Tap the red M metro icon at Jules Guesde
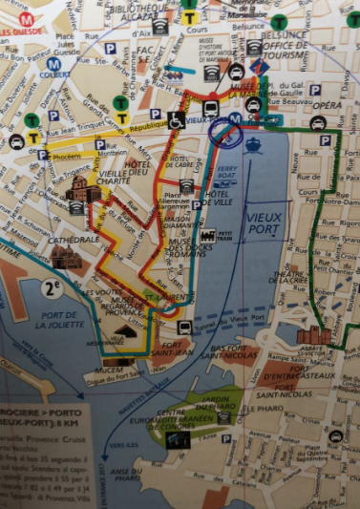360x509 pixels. [x=26, y=18]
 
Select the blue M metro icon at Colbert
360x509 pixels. [x=53, y=64]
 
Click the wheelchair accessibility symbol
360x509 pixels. [x=176, y=120]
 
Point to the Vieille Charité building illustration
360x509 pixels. [x=84, y=191]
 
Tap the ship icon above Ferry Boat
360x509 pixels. [x=253, y=145]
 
